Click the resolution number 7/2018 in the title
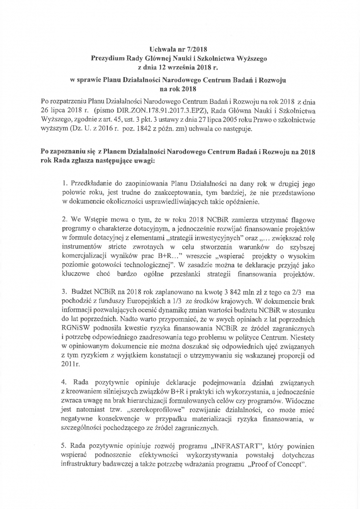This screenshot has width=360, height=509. [196, 49]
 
